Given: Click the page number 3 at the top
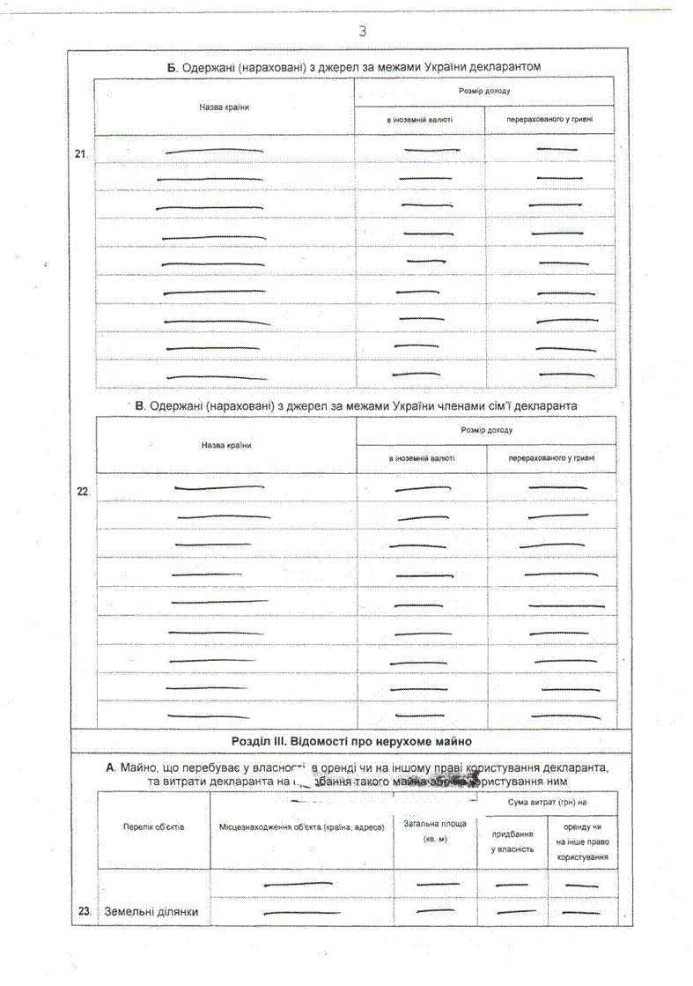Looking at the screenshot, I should coord(362,32).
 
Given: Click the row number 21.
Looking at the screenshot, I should coord(82,155).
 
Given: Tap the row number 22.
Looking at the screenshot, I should coord(84,492).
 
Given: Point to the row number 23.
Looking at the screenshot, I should coord(85,912).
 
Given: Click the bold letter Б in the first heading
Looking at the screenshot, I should coord(173,67).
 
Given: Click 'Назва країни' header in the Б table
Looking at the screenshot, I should coord(225,107).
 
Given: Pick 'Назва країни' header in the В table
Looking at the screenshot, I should coord(226,445).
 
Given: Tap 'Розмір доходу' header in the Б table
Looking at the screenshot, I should coord(484,91).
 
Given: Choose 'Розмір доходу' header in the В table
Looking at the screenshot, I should coord(486,430).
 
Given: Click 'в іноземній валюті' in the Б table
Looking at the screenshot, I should coord(419,120).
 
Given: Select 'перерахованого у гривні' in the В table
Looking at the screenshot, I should coord(552,459).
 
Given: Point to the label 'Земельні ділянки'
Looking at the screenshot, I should coord(151,912).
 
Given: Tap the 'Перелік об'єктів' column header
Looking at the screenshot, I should coord(153,828).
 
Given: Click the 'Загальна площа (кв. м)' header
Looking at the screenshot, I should coord(435,831).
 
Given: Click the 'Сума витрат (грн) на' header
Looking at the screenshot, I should coord(548,803).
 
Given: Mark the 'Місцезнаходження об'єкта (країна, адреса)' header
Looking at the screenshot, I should coord(302,829).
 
